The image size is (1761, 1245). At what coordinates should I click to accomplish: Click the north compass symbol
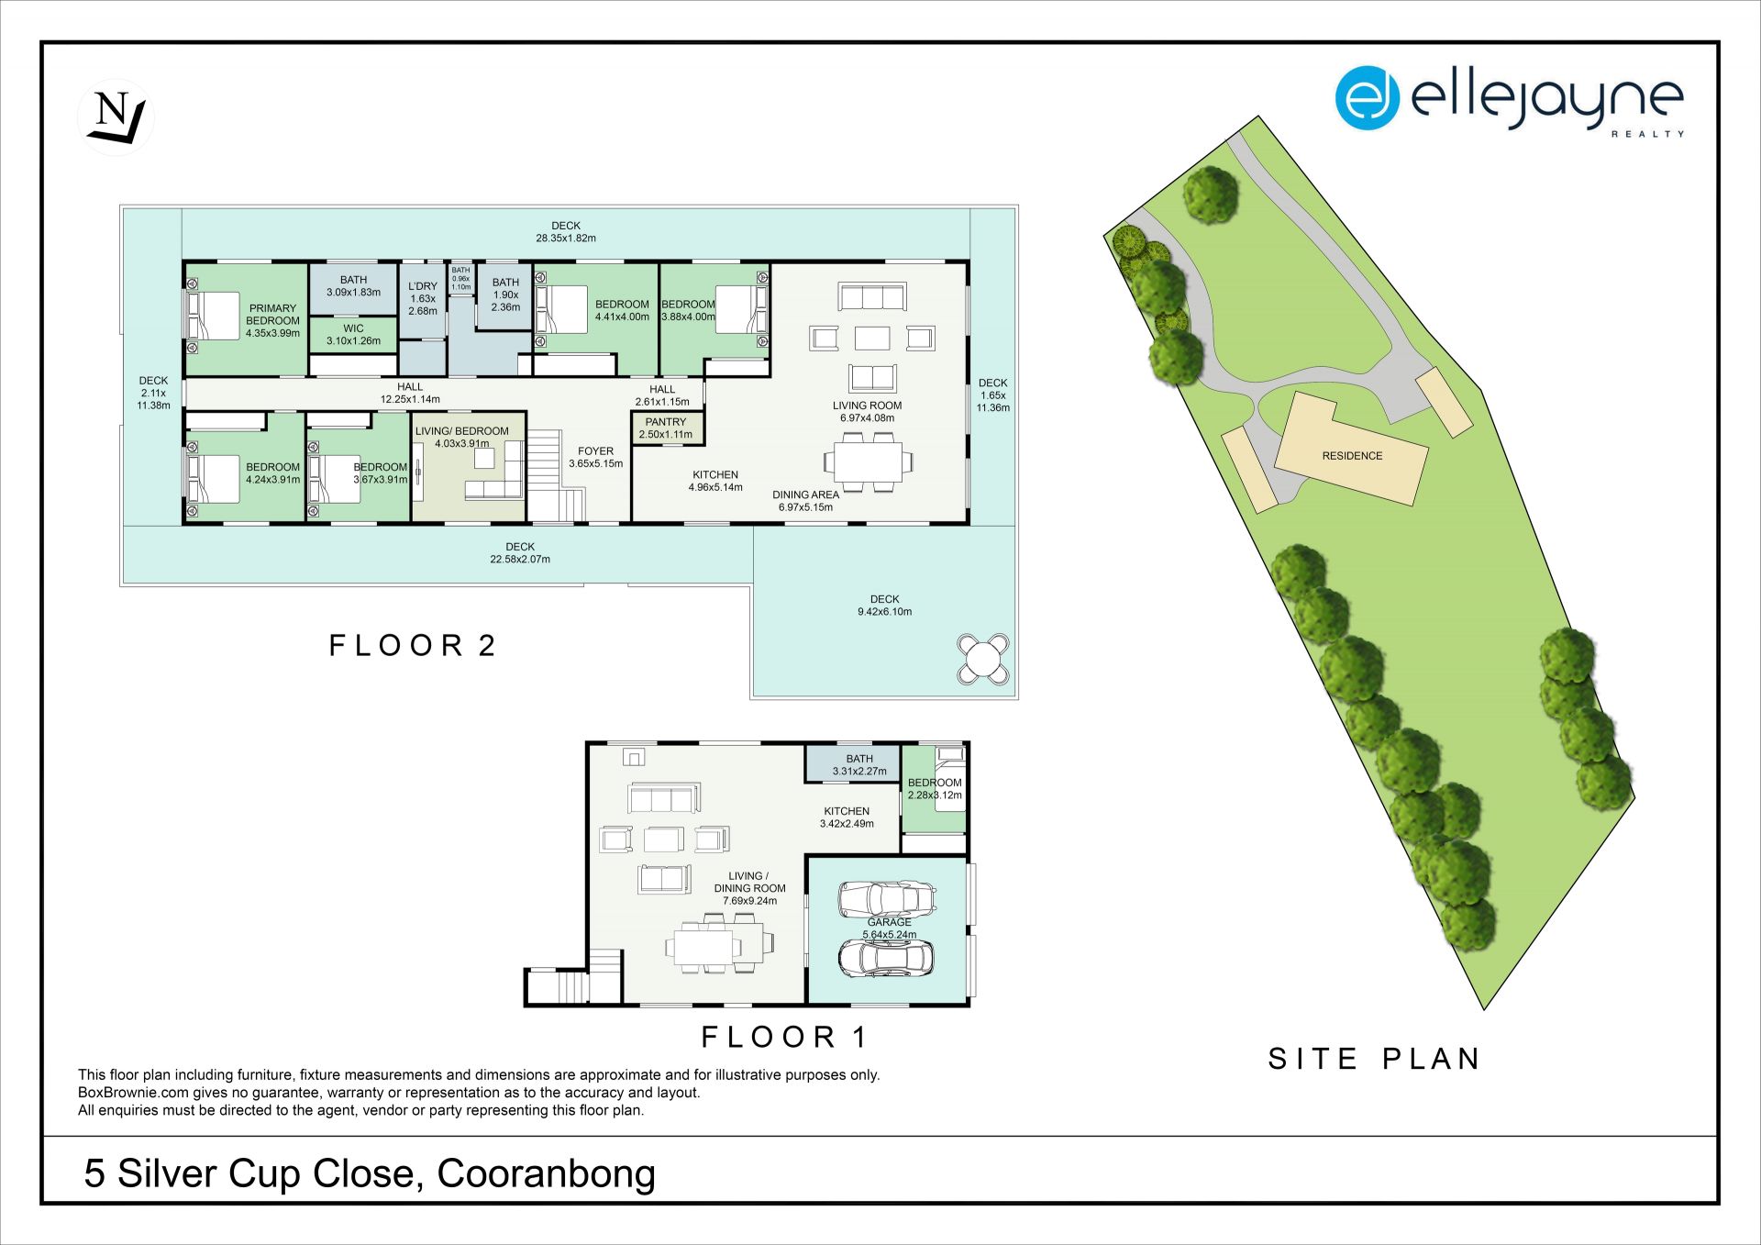(116, 117)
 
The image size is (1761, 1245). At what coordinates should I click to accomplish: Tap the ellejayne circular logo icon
(1368, 97)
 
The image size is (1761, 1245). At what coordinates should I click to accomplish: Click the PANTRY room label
(666, 428)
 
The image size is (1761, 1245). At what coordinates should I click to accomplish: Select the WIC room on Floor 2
(353, 335)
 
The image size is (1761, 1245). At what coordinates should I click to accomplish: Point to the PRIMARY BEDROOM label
(273, 321)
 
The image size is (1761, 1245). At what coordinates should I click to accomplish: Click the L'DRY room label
(423, 298)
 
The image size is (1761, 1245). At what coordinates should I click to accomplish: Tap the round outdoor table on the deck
(983, 659)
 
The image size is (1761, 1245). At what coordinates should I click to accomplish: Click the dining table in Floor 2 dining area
(869, 461)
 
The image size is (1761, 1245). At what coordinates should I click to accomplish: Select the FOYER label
(595, 451)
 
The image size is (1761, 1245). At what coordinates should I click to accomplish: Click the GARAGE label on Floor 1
(890, 922)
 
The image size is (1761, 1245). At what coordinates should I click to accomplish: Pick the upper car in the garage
(887, 898)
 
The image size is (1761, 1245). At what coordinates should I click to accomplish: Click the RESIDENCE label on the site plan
(1352, 456)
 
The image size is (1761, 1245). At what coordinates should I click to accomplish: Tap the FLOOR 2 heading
(413, 646)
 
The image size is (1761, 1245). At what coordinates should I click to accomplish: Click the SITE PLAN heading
(1374, 1059)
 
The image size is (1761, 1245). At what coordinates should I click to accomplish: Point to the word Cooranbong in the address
(547, 1175)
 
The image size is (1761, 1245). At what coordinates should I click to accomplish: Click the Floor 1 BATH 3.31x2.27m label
(859, 765)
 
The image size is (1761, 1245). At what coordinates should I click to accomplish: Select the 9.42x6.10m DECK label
(884, 606)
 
